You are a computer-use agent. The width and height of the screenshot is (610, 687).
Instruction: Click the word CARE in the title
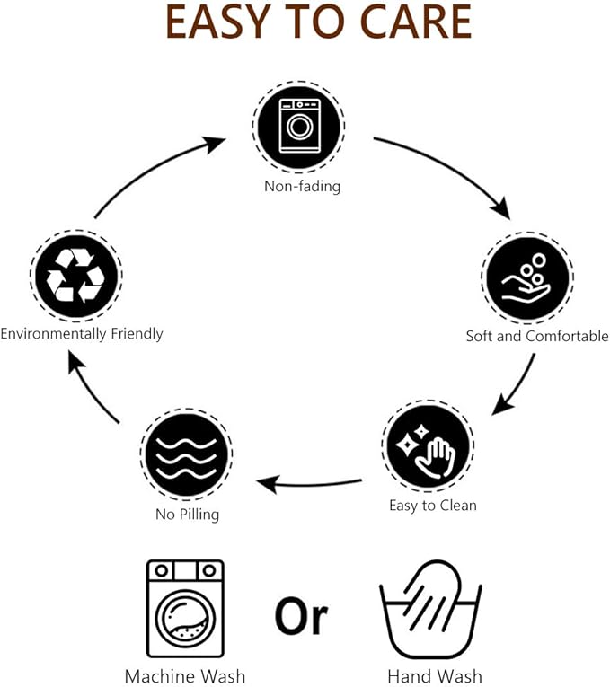point(415,22)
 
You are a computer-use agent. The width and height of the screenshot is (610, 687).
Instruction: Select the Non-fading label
point(303,186)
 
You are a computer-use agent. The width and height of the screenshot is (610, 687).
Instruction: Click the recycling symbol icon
point(76,276)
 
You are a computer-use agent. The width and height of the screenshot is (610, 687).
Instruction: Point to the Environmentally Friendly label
point(82,334)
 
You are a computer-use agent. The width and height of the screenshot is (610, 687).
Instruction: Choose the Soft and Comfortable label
point(537,336)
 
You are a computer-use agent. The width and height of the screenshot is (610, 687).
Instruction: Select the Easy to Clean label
point(433,506)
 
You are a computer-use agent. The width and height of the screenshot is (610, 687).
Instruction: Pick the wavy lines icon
point(186,454)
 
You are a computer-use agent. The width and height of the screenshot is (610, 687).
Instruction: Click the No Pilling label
point(188,514)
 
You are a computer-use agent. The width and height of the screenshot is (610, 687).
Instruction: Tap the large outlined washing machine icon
point(185,609)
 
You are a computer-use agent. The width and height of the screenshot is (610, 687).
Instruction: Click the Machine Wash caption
point(185,676)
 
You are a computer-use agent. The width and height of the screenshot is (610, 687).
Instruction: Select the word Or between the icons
point(302,615)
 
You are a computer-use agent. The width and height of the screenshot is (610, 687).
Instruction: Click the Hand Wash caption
point(435,676)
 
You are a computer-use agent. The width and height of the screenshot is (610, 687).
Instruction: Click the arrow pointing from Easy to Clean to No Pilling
point(309,484)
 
